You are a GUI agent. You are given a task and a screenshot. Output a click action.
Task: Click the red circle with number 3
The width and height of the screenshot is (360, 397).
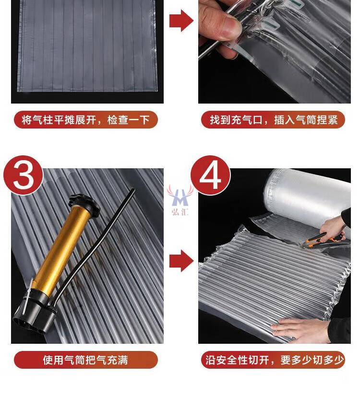[x=23, y=175]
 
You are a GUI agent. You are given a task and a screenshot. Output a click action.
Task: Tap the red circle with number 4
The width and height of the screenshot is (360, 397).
[x=210, y=175]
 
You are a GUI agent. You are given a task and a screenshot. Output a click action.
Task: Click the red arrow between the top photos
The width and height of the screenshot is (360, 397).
[x=181, y=21]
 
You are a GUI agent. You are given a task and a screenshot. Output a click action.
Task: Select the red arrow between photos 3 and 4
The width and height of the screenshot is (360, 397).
[x=181, y=261]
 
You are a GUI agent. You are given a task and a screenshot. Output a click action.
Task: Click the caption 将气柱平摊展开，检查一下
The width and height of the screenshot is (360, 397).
[x=86, y=119]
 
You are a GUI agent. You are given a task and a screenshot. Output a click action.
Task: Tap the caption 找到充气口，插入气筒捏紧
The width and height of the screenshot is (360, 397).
[x=273, y=119]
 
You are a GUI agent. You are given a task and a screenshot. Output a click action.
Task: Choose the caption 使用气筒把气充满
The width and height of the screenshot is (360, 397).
[x=86, y=360]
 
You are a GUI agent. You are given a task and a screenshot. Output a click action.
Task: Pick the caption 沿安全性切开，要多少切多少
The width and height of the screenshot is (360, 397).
[x=273, y=360]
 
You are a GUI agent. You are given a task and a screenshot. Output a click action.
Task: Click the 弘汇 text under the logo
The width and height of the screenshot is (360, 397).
[x=180, y=211]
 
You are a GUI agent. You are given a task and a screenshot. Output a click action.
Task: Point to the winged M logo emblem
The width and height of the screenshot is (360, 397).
[x=180, y=196]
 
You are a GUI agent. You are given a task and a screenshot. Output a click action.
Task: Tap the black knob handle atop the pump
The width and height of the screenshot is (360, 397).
[x=85, y=202]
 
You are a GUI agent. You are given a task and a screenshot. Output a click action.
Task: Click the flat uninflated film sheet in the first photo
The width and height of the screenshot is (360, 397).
[x=87, y=46]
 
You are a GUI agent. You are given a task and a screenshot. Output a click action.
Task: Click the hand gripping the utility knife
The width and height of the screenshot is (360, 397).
[x=333, y=228]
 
